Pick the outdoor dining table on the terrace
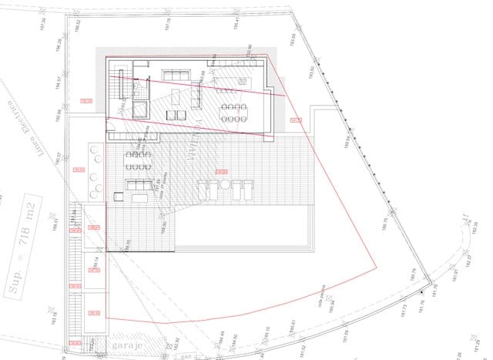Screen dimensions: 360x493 (138, 160)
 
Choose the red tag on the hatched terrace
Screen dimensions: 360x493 (221, 171)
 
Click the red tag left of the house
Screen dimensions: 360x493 (86, 101)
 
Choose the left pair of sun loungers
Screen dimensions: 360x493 (206, 187)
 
